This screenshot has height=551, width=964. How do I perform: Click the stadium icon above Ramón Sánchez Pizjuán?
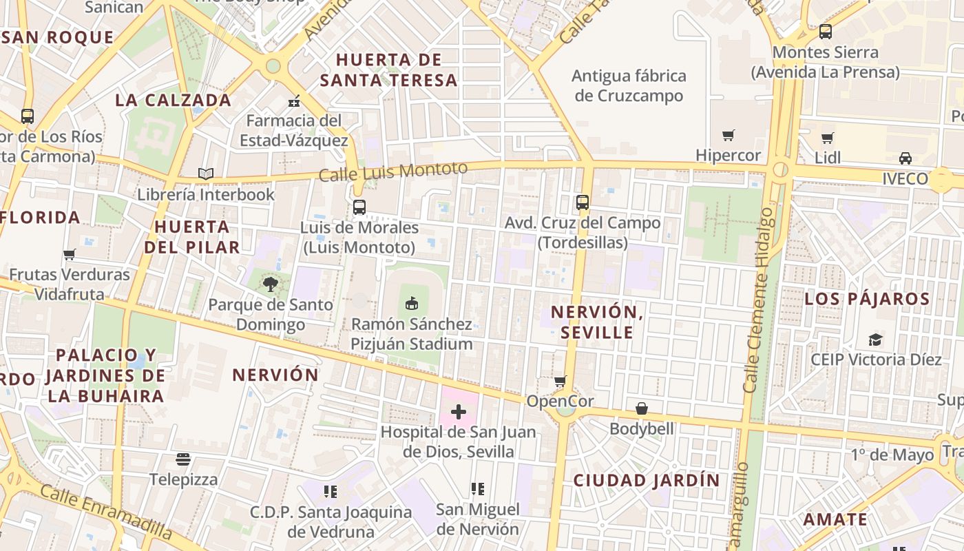412,303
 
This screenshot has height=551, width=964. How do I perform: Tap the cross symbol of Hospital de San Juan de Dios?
458,412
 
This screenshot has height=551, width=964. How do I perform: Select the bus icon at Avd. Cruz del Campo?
583,202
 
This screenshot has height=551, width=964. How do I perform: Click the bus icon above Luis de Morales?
359,207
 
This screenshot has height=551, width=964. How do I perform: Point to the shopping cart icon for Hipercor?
728,135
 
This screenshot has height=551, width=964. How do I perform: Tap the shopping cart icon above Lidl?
828,138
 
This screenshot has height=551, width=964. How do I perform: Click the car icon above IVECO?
905,158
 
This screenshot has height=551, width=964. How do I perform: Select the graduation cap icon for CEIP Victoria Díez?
875,339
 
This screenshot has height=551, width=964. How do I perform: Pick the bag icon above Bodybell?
641,408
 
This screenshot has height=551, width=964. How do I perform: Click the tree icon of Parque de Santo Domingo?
271,284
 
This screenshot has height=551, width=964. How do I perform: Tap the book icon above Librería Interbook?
205,174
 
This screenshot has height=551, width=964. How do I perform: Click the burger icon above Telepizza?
182,459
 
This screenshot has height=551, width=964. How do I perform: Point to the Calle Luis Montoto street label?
392,171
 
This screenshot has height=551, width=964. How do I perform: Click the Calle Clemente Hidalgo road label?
759,300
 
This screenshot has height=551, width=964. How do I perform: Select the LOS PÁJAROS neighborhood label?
867,299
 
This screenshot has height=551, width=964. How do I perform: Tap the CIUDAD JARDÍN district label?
646,480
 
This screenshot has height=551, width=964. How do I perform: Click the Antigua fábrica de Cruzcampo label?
629,85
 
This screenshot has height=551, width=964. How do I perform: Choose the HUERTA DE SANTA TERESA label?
389,70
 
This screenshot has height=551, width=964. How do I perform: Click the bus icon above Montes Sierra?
825,31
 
